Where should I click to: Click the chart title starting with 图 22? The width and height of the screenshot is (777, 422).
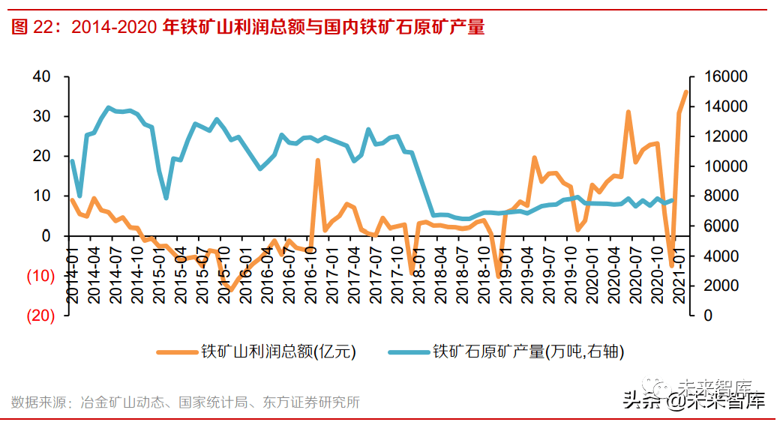248,27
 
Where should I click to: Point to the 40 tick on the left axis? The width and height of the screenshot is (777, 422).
41,77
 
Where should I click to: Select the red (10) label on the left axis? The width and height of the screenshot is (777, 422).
40,276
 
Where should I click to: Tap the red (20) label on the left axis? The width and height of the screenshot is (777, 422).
40,316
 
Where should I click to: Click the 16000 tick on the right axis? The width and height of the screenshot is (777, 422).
724,77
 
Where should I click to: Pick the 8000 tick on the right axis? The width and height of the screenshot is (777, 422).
719,196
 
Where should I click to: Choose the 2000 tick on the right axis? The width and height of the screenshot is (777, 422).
719,286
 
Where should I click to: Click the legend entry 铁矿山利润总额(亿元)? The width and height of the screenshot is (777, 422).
256,351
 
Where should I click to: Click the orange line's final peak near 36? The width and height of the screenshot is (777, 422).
685,91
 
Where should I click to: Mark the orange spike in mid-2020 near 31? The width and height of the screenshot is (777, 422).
628,112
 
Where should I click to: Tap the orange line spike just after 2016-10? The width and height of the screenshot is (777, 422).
318,160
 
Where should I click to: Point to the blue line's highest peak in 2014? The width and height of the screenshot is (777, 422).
109,107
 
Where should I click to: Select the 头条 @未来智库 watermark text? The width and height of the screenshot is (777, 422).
693,401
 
